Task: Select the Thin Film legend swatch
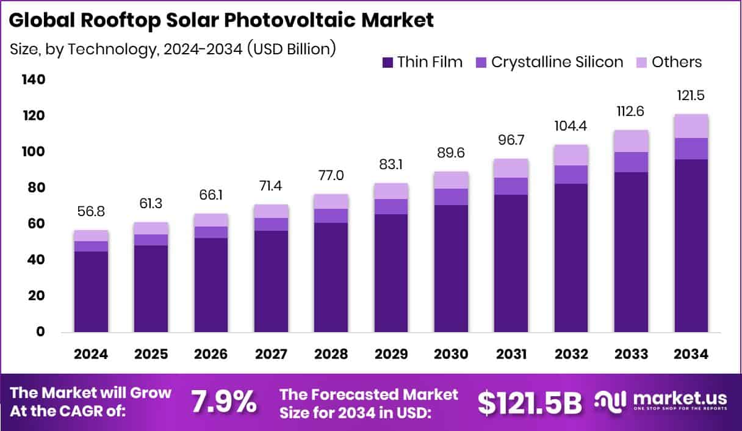point(387,62)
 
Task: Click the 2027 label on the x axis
point(271,355)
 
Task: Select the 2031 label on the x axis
point(511,355)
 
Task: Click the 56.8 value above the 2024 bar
point(92,211)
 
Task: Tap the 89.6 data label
point(451,153)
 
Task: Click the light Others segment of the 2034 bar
point(691,126)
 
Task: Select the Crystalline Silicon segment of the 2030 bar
point(451,197)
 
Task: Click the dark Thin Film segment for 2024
point(92,292)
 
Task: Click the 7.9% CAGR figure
point(223,402)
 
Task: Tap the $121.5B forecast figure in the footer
point(529,402)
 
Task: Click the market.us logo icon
point(611,401)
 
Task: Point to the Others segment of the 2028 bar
point(331,201)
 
